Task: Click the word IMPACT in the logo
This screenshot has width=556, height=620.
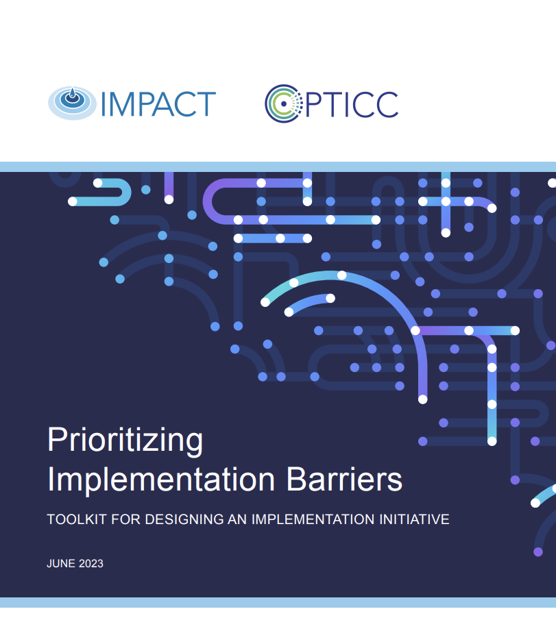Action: (x=158, y=104)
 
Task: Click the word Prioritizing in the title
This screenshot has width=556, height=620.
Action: (x=125, y=441)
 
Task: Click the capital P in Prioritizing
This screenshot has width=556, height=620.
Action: (x=56, y=441)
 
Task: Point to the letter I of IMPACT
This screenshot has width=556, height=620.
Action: (x=104, y=104)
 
